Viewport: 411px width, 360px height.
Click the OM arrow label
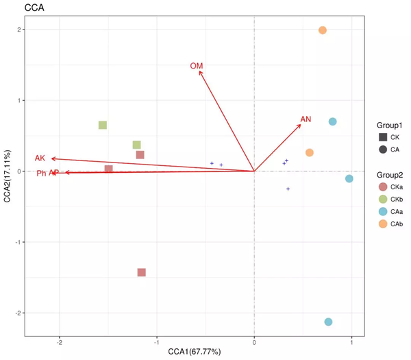pyautogui.click(x=197, y=66)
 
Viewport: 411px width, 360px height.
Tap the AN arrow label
pyautogui.click(x=306, y=119)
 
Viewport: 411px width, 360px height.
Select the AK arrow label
pyautogui.click(x=40, y=158)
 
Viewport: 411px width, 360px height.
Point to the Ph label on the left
pyautogui.click(x=41, y=173)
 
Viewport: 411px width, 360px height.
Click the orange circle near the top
pyautogui.click(x=323, y=30)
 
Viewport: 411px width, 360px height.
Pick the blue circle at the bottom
pyautogui.click(x=328, y=322)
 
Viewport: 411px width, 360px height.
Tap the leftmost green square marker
pyautogui.click(x=103, y=125)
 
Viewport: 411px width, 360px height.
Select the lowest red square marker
pyautogui.click(x=142, y=272)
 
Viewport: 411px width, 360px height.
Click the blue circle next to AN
pyautogui.click(x=333, y=122)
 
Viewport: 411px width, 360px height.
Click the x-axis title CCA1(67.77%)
pyautogui.click(x=195, y=352)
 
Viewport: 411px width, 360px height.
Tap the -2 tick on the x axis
pyautogui.click(x=60, y=341)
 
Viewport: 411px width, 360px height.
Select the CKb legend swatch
pyautogui.click(x=382, y=199)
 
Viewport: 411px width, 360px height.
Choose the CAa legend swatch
pyautogui.click(x=382, y=211)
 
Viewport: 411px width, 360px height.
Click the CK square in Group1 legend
pyautogui.click(x=382, y=137)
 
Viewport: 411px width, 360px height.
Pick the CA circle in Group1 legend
pyautogui.click(x=382, y=149)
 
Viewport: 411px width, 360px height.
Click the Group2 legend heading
pyautogui.click(x=388, y=174)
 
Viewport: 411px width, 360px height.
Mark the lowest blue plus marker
pyautogui.click(x=288, y=189)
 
